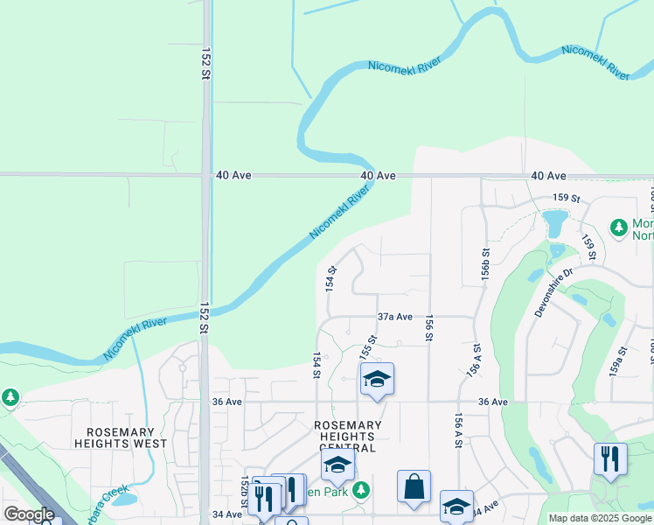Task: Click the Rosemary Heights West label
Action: point(121,437)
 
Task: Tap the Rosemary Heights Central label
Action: point(348,437)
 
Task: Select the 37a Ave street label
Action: point(394,317)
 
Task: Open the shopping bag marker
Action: point(414,486)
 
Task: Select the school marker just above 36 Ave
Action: point(377,379)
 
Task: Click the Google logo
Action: point(29,514)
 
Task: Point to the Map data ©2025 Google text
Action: point(600,518)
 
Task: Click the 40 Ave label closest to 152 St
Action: point(233,176)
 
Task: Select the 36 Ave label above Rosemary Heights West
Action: point(226,402)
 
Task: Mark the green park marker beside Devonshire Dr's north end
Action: point(619,228)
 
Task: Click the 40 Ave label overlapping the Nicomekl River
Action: point(378,176)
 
